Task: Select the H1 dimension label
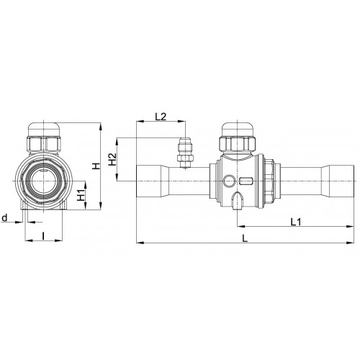pyautogui.click(x=81, y=194)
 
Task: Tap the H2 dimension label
pyautogui.click(x=112, y=159)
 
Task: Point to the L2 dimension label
pyautogui.click(x=161, y=116)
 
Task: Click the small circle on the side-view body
pyautogui.click(x=229, y=181)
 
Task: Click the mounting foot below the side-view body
pyautogui.click(x=238, y=202)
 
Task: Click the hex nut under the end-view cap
pyautogui.click(x=43, y=147)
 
